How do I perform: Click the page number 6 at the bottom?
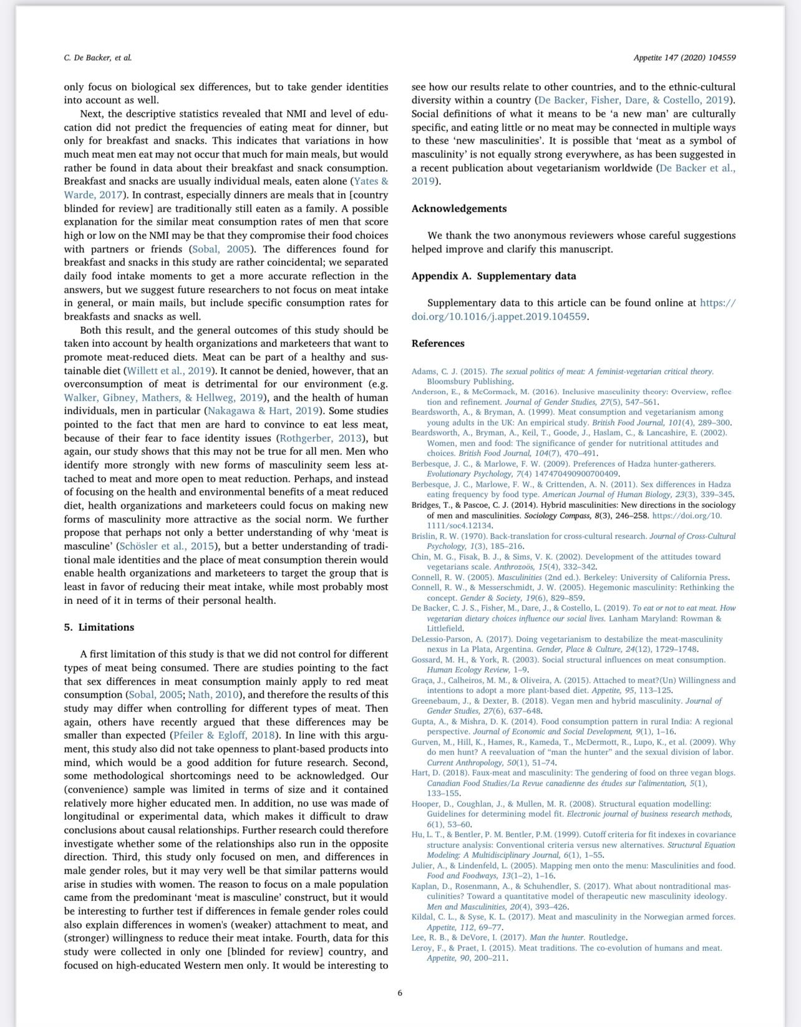coord(400,993)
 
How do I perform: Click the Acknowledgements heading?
coord(459,208)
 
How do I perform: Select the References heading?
coord(438,343)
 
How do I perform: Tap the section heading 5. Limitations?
coord(99,627)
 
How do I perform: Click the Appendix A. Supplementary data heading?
coord(493,276)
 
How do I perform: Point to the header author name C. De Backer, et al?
coord(97,57)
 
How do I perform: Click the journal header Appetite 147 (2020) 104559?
coord(684,57)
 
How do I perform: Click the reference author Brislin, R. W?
coord(438,536)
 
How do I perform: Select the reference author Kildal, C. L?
coord(436,917)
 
